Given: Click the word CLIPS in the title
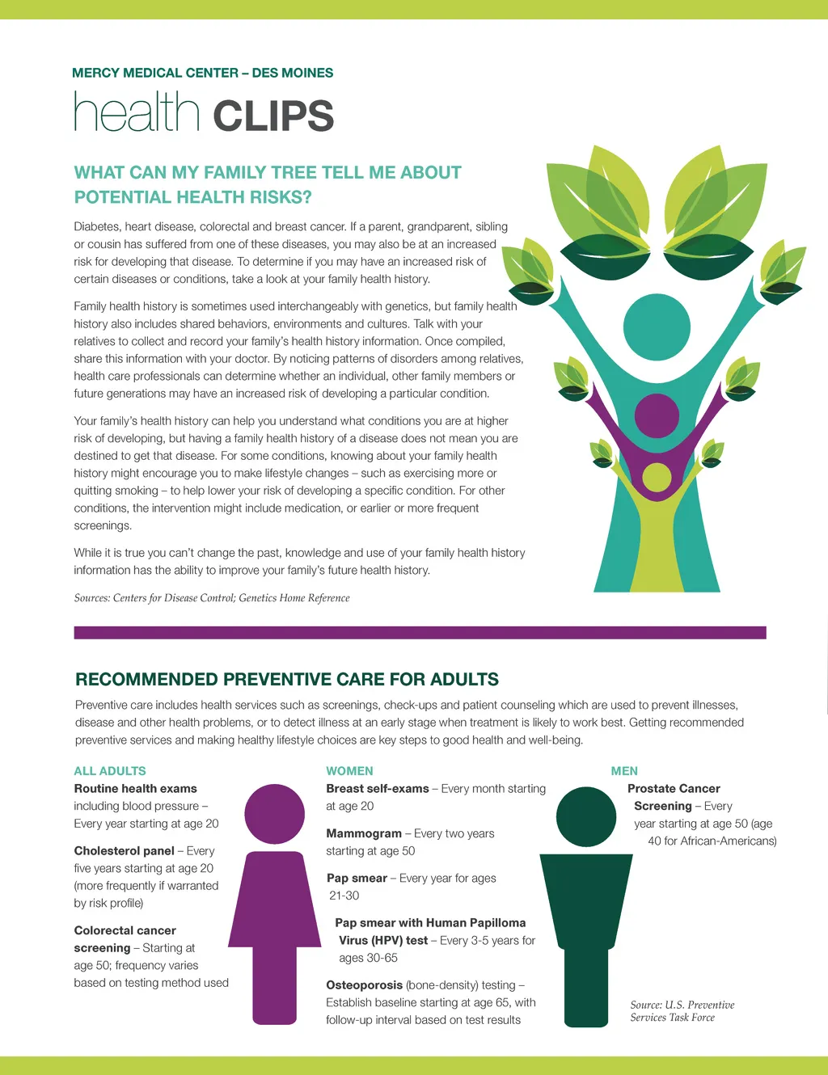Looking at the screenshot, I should pos(273,116).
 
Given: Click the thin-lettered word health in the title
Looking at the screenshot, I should pos(137,112).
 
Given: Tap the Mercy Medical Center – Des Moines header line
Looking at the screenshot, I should pos(202,73).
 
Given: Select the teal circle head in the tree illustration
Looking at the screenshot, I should pos(657,327).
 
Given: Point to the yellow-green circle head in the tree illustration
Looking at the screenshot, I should pos(657,477).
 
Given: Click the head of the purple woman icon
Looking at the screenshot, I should pos(274,815).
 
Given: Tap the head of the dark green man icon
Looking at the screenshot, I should pos(586,816).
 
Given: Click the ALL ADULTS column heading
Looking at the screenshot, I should pos(110,771).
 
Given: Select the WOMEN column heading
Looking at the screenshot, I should pos(349,771).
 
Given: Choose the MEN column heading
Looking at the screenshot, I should pos(624,771).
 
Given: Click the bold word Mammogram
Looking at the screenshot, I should pos(364,833).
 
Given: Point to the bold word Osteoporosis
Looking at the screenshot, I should pos(364,985).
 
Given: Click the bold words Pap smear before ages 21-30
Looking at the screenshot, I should pos(357,878).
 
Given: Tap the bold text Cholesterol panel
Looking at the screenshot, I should pos(124,851).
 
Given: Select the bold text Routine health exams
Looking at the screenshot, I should pos(135,789).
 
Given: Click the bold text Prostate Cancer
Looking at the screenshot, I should pos(674,789).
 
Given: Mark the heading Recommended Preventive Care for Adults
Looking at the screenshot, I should pos(287,680).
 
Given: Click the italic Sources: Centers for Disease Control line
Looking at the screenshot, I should pos(212,598).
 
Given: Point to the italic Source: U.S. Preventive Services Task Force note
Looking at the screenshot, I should pos(682,1011).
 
